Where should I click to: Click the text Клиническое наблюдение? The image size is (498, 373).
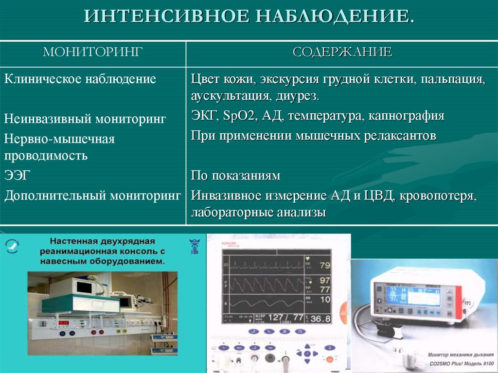(80, 79)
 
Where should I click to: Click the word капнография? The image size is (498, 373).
(406, 116)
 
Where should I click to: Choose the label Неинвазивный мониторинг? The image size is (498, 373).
(85, 118)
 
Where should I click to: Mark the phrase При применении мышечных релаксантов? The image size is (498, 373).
(313, 136)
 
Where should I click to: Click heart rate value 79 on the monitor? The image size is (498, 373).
(324, 266)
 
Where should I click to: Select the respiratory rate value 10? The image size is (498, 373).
(324, 300)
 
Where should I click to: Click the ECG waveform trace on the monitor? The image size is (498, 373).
(263, 265)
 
